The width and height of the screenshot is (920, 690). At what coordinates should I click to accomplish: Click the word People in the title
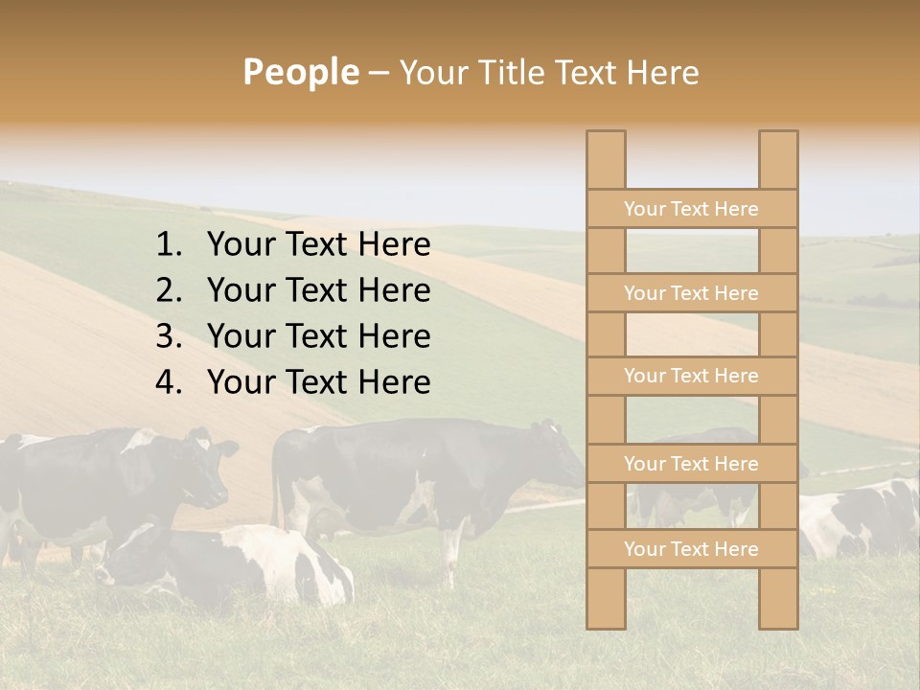pyautogui.click(x=300, y=72)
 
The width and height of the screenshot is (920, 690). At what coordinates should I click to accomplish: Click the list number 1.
pyautogui.click(x=168, y=245)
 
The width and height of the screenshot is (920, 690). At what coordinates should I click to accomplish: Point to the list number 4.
pyautogui.click(x=168, y=382)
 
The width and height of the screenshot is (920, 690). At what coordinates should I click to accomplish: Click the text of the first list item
pyautogui.click(x=318, y=245)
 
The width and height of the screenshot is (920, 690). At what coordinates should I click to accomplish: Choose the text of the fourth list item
pyautogui.click(x=318, y=382)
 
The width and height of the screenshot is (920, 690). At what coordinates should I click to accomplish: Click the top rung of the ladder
pyautogui.click(x=691, y=209)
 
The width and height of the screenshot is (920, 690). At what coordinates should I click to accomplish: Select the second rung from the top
pyautogui.click(x=691, y=293)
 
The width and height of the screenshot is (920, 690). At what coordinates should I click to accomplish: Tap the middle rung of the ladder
pyautogui.click(x=691, y=376)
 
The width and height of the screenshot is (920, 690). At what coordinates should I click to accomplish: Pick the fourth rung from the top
pyautogui.click(x=691, y=464)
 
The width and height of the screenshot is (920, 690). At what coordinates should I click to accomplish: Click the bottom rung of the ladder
pyautogui.click(x=691, y=549)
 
